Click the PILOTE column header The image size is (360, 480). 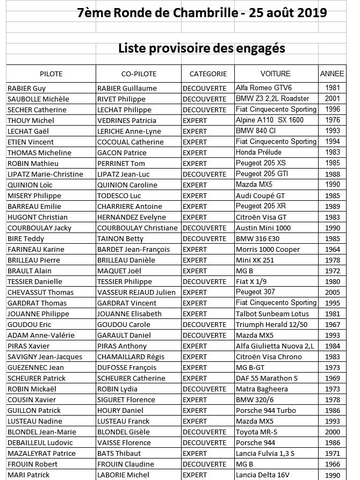pyautogui.click(x=51, y=74)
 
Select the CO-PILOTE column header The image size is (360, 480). pyautogui.click(x=139, y=74)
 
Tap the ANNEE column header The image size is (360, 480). pyautogui.click(x=332, y=74)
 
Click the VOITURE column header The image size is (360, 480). pyautogui.click(x=275, y=74)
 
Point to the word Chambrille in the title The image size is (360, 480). pyautogui.click(x=197, y=13)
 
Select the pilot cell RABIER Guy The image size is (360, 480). pyautogui.click(x=26, y=88)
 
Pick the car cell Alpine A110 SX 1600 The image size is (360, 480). pyautogui.click(x=270, y=120)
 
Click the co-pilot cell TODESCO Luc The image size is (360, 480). pyautogui.click(x=119, y=195)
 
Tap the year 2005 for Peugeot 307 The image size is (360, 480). pyautogui.click(x=332, y=292)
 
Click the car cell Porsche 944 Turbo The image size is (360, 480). pyautogui.click(x=265, y=410)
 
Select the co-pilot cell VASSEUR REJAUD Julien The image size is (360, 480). pyautogui.click(x=136, y=292)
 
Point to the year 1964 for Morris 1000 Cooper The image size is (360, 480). pyautogui.click(x=332, y=249)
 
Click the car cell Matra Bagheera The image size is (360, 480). pyautogui.click(x=262, y=389)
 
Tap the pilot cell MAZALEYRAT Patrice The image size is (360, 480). pyautogui.click(x=41, y=453)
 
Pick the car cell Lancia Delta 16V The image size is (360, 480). pyautogui.click(x=263, y=475)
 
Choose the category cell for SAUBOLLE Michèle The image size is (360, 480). pyautogui.click(x=205, y=99)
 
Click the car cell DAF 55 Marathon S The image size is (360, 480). pyautogui.click(x=268, y=378)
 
